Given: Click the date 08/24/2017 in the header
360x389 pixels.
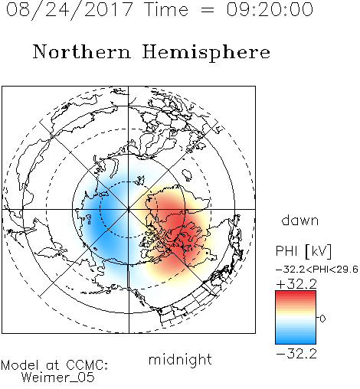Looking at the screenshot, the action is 69,10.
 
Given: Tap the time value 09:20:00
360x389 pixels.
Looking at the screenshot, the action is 270,9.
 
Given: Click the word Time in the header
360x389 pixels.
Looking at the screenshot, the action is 166,9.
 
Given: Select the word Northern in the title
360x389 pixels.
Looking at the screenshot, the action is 82,52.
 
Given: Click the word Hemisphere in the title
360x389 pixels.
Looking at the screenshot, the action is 206,53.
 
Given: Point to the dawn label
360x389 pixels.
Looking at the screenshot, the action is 300,220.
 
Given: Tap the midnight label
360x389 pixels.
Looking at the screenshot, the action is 180,359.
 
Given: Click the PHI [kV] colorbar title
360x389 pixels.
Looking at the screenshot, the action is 303,251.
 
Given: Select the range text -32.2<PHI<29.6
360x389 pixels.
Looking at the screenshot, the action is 317,270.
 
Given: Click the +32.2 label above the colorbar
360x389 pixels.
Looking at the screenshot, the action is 296,284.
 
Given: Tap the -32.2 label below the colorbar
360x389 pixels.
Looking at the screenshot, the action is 296,354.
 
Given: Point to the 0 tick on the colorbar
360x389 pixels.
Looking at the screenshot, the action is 322,319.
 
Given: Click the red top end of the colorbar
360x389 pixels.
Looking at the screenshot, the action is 296,293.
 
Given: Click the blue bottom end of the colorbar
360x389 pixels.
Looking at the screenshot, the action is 296,342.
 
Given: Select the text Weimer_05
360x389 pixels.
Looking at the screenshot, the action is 58,377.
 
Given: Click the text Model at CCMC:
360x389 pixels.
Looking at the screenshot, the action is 54,365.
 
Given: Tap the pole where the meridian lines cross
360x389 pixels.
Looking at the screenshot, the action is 129,209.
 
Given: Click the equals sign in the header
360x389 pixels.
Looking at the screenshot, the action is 208,10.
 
